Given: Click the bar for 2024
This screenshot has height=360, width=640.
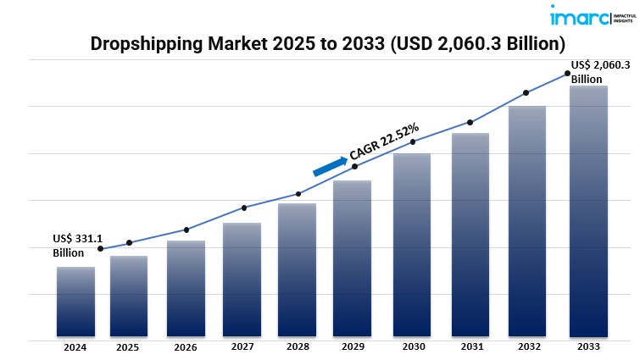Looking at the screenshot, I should [x=75, y=302].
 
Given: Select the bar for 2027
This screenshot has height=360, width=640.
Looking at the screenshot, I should [x=242, y=280].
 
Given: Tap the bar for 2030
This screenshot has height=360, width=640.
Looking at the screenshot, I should [x=412, y=245].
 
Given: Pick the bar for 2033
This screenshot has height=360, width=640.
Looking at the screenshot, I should [x=588, y=211].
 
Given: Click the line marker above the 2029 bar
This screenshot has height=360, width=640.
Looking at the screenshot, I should [x=354, y=166].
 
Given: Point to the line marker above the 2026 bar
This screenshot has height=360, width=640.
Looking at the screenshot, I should [x=186, y=230].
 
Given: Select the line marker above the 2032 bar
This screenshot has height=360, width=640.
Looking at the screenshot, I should [x=526, y=92].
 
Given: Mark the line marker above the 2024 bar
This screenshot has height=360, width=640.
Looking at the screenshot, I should [x=101, y=248].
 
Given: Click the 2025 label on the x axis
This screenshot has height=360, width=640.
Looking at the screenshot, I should [x=128, y=347].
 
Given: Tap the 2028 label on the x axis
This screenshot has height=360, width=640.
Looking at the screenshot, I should [x=298, y=347].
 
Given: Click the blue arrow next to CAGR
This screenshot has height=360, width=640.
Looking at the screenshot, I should [x=329, y=165].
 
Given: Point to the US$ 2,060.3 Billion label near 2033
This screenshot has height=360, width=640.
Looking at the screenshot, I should [x=600, y=72].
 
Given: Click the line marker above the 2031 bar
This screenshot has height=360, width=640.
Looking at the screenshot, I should [x=470, y=123].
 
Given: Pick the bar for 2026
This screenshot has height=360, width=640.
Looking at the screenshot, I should [x=186, y=288].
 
